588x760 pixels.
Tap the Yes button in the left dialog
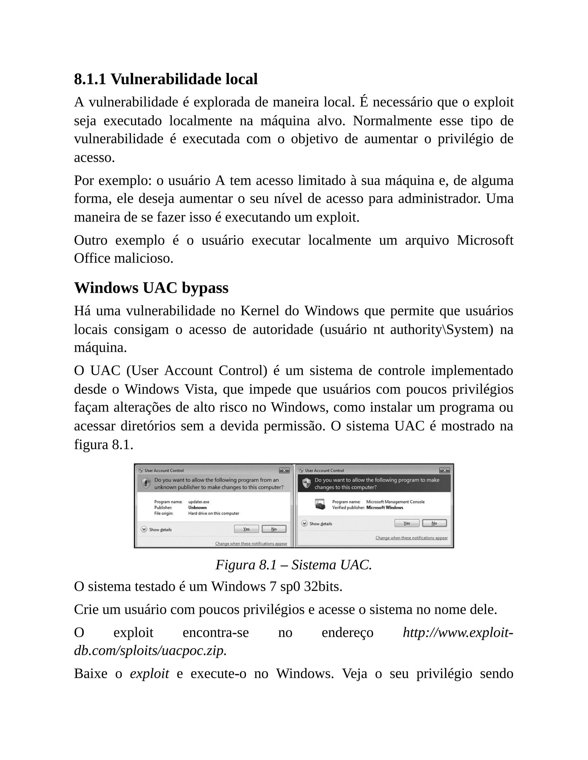coord(246,529)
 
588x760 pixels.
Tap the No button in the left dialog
coord(274,529)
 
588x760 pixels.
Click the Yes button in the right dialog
coord(407,523)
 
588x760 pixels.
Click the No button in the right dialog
coord(434,523)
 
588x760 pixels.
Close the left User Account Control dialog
coord(284,470)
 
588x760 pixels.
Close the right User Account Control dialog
coord(444,470)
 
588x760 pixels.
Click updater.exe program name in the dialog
coord(199,502)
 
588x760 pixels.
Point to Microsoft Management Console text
coord(395,502)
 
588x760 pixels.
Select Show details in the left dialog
coord(160,530)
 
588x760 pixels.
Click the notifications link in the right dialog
coord(411,538)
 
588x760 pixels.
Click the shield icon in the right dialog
coord(306,483)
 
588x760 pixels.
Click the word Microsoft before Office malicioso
coord(485,240)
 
